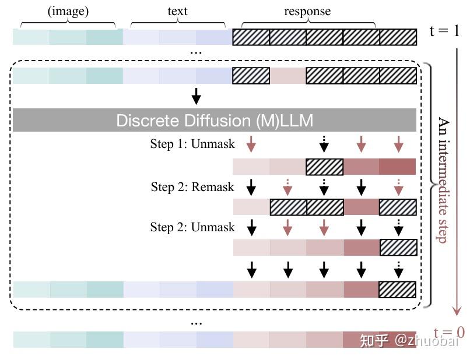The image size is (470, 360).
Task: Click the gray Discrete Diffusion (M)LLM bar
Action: pos(214,121)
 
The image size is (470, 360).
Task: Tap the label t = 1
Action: pos(444,31)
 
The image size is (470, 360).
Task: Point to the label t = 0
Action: pos(450,333)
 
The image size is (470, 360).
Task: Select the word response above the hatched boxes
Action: pos(307,11)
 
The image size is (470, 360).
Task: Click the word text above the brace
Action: pos(177,11)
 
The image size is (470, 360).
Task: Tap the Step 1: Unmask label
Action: pos(192,144)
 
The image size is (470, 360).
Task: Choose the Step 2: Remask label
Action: pos(192,186)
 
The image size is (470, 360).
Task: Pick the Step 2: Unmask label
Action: pos(192,227)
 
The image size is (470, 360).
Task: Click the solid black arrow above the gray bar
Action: pos(197,96)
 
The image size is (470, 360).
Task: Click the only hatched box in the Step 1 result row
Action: pos(324,167)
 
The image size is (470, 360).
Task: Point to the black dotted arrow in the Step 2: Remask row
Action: pos(324,186)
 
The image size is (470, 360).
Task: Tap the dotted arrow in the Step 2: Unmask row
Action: pos(398,227)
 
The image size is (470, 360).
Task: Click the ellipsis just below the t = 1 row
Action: pos(197,52)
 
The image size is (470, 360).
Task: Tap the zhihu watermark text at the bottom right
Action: pos(408,340)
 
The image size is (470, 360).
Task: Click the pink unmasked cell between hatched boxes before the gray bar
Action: pos(287,76)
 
